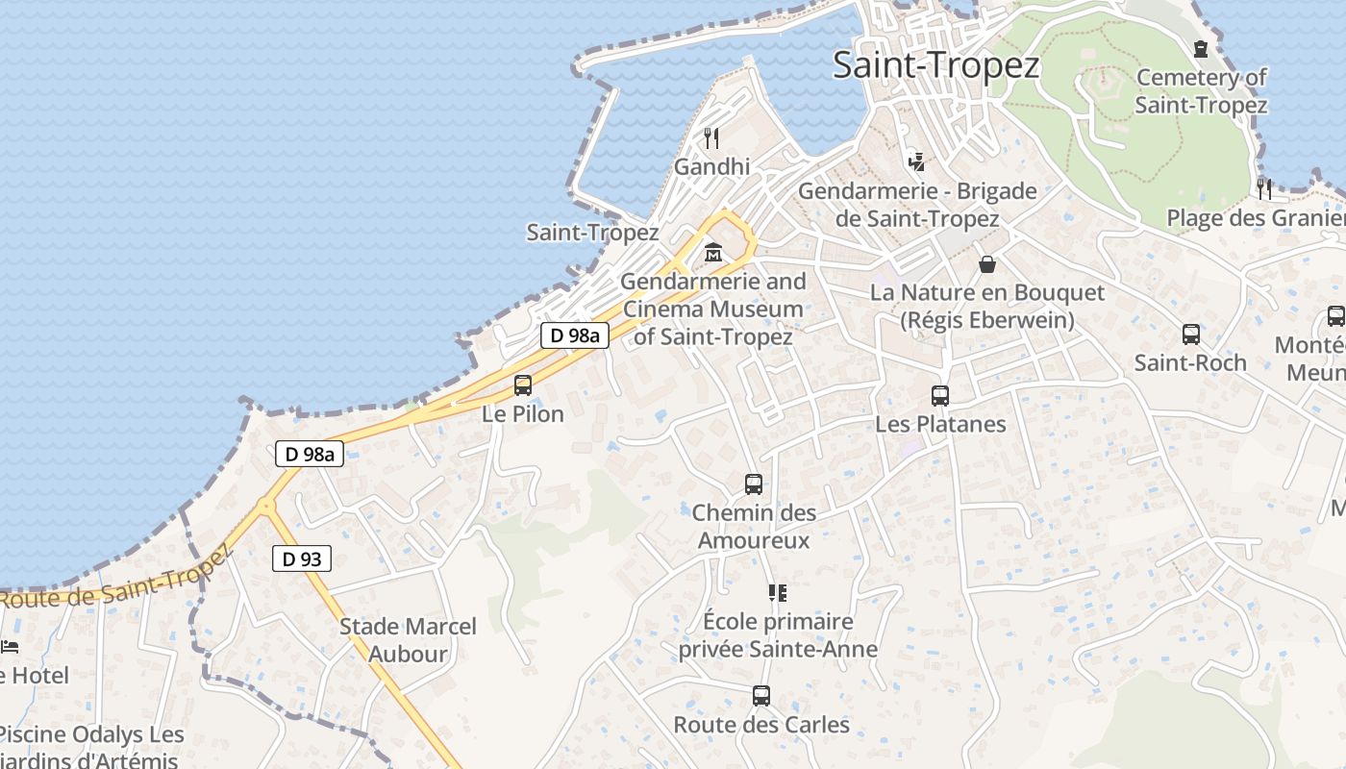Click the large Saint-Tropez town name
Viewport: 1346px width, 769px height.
point(935,65)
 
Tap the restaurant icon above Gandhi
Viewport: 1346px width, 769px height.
point(711,138)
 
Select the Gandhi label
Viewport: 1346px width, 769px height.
point(711,166)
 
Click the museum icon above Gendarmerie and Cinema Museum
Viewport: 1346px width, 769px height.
point(713,253)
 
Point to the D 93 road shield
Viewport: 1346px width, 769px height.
point(302,558)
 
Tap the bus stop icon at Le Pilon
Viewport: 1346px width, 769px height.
point(523,385)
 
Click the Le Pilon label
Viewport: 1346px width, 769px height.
point(523,414)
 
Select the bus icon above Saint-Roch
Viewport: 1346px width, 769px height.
point(1190,335)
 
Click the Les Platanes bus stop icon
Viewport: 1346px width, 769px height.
point(940,396)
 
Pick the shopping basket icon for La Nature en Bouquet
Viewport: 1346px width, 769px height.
point(987,263)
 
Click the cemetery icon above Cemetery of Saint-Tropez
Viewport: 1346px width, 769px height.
point(1201,48)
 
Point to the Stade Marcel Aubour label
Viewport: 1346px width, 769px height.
point(408,640)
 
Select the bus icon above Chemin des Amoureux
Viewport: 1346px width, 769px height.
point(754,484)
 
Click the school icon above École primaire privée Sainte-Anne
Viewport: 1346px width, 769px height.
point(778,593)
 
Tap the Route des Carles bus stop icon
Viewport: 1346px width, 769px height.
point(761,696)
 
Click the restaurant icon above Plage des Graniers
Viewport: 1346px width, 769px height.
point(1264,188)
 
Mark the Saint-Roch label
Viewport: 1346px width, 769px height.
point(1190,363)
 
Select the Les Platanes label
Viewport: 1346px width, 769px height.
point(940,424)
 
